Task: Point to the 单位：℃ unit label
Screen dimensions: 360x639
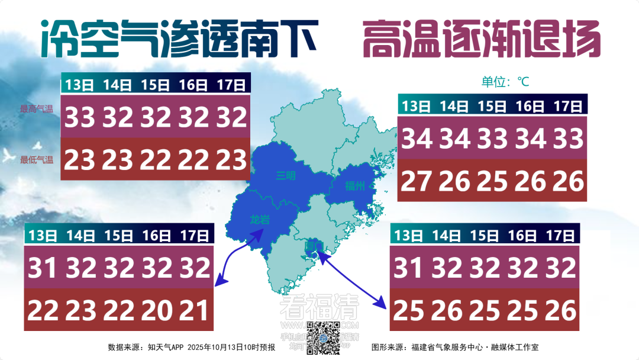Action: tap(505, 82)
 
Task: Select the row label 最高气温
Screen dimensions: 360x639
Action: tap(37, 109)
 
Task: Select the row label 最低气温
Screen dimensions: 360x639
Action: tap(37, 160)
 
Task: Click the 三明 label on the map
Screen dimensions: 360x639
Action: tap(286, 176)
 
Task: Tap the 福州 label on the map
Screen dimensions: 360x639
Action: tap(356, 186)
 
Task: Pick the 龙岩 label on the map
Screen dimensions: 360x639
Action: tap(259, 220)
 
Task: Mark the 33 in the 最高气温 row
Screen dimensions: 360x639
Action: tap(80, 118)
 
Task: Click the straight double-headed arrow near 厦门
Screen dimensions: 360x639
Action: tap(351, 279)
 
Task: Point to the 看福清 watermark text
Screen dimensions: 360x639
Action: tap(319, 307)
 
